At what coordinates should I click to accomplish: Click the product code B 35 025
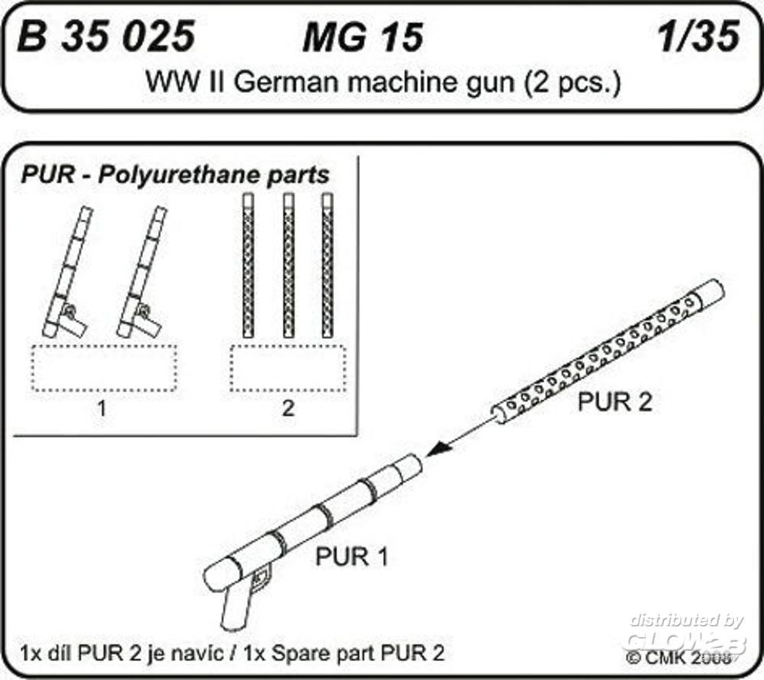point(106,37)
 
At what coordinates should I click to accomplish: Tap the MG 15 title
point(362,38)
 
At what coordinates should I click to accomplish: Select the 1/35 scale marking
point(697,37)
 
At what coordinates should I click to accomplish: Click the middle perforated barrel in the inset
point(289,264)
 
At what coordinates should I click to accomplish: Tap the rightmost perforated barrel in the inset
point(328,264)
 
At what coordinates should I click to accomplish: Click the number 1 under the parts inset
point(101,409)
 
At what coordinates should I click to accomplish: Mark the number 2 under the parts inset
point(288,409)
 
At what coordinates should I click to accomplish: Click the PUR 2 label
point(614,403)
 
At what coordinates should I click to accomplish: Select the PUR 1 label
point(352,557)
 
